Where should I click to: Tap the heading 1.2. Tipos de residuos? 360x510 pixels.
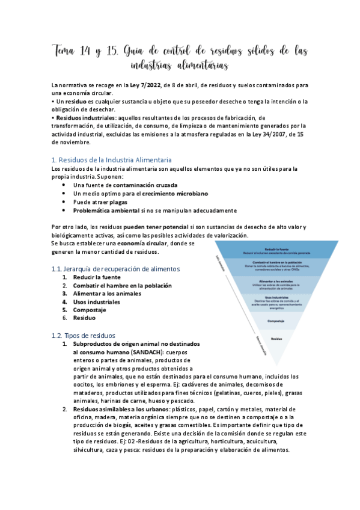tap(84, 335)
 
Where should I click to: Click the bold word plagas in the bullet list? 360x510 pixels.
tap(118, 202)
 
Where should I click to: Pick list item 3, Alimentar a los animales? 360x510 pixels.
tap(107, 293)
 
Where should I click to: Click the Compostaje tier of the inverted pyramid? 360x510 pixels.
tap(276, 321)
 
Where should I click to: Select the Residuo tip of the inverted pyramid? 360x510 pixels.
tap(276, 340)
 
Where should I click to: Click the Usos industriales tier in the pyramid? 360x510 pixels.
tap(276, 303)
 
